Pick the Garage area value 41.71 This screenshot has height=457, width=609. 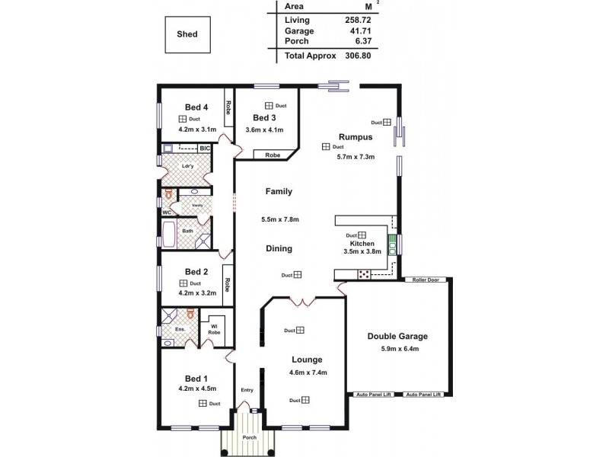tap(358, 30)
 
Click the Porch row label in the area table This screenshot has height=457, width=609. tap(297, 41)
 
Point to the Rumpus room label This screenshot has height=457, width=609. tap(355, 137)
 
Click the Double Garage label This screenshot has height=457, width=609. tap(397, 336)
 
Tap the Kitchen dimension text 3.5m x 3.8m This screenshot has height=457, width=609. tap(362, 252)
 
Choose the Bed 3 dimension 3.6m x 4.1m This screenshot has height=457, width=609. tap(264, 130)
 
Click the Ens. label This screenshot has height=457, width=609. tap(180, 329)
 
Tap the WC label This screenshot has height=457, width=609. tap(167, 213)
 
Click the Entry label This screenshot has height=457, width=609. tap(247, 390)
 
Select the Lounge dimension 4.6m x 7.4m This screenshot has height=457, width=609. tap(308, 372)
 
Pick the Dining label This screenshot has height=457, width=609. tap(279, 248)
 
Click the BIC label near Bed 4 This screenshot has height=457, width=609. tap(205, 148)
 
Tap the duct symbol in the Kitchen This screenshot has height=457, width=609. tap(362, 235)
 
